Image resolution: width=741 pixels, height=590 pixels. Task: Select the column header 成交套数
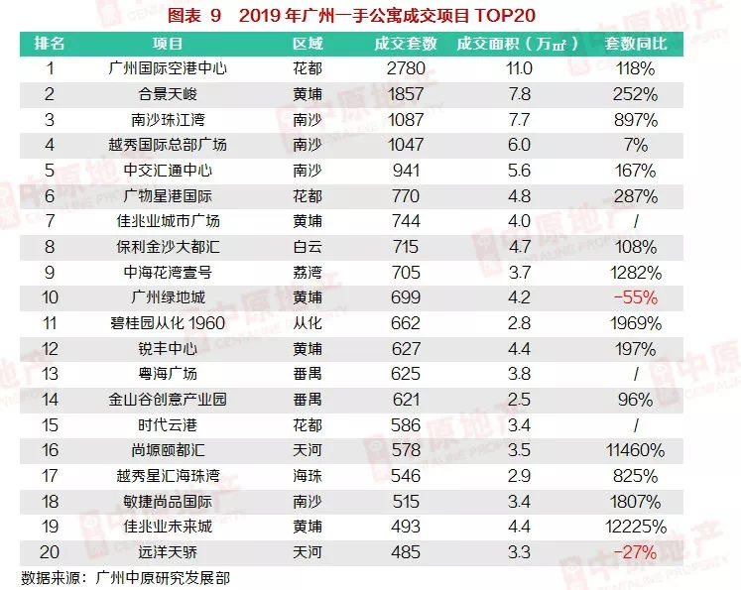pos(405,45)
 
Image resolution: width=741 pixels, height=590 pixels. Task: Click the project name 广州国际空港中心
pos(167,69)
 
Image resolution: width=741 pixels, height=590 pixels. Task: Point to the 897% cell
pos(635,119)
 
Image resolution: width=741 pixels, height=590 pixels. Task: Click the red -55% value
pos(635,297)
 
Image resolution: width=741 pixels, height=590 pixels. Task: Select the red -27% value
pos(635,551)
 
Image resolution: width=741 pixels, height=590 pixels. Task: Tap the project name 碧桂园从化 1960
pos(167,322)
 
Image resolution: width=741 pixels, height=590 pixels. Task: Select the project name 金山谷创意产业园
pos(167,399)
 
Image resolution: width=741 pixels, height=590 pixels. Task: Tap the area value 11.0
pos(520,69)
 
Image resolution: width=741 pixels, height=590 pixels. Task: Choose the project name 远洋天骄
pos(167,551)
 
